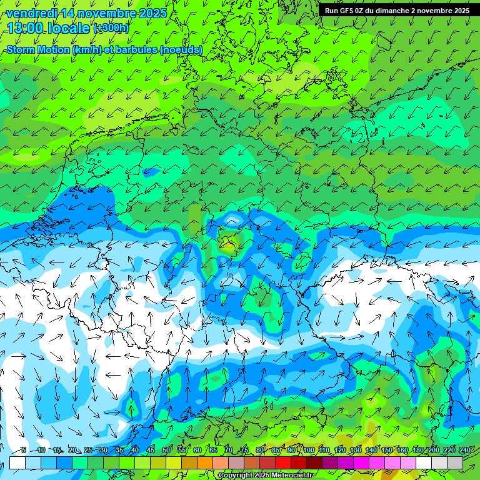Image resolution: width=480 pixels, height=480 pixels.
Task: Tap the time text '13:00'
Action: (27, 28)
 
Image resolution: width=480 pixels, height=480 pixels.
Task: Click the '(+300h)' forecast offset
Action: (111, 28)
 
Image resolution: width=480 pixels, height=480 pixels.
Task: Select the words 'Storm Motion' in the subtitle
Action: (39, 50)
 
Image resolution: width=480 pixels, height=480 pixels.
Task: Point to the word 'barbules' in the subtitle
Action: (136, 50)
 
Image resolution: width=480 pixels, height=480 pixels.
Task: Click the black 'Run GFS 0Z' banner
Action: (397, 11)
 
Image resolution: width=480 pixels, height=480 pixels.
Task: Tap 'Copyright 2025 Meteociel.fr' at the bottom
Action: (267, 476)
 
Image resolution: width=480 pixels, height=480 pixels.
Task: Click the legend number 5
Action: (24, 450)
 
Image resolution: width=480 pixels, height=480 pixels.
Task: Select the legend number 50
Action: (166, 450)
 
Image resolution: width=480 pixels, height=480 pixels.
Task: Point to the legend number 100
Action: (307, 450)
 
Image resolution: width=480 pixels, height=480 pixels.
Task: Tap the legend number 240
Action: (465, 450)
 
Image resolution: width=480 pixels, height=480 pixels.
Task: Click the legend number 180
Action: (417, 450)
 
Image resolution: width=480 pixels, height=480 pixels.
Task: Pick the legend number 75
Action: (244, 450)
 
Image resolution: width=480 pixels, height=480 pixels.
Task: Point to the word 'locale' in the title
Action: (69, 28)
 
